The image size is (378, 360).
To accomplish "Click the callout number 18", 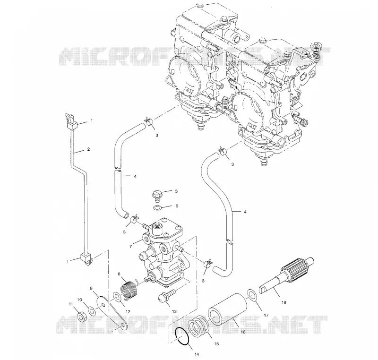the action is click(x=284, y=302).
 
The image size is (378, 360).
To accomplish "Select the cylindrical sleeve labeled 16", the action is click(x=228, y=309).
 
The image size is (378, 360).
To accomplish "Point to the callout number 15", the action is click(x=216, y=344).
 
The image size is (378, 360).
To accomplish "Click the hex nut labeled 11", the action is click(x=82, y=317).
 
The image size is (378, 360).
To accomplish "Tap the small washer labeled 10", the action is click(x=92, y=311).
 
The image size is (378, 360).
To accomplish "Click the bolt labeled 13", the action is click(x=167, y=296).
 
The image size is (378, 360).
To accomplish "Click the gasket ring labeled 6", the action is click(x=157, y=208).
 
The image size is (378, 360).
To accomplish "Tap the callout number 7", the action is click(x=130, y=247).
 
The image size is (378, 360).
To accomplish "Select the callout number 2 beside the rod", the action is click(x=88, y=149).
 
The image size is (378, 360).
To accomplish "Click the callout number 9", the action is click(x=91, y=288).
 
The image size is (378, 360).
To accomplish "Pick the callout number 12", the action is click(x=128, y=311).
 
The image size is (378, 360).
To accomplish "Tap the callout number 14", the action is click(x=197, y=354).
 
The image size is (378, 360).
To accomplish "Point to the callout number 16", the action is click(x=243, y=332).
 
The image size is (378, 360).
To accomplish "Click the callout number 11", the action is click(x=71, y=304).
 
